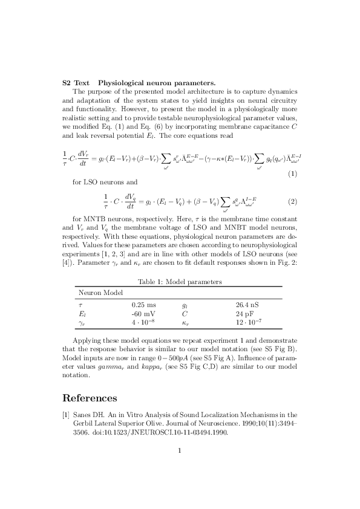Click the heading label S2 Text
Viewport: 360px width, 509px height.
[76, 82]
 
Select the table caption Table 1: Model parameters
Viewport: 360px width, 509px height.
[180, 282]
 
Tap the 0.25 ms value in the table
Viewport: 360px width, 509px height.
[143, 306]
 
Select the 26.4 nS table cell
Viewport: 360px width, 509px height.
[247, 306]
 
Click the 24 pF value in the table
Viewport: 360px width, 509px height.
[244, 314]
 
